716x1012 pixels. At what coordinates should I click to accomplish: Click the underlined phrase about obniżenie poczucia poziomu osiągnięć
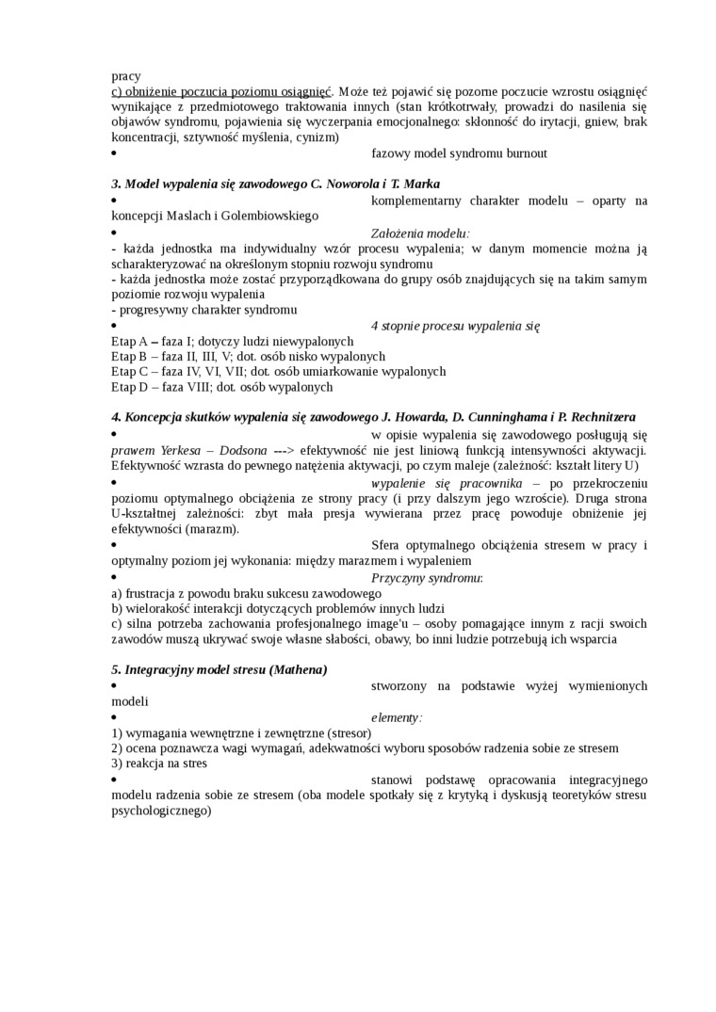pos(221,91)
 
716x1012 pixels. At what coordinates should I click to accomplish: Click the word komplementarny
pos(418,200)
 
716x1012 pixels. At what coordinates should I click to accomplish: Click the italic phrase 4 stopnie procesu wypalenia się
pos(455,326)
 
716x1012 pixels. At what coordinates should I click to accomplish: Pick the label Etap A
pos(129,341)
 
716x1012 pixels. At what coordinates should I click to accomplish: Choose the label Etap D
pos(129,386)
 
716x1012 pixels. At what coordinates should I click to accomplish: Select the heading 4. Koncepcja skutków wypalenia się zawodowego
pos(373,417)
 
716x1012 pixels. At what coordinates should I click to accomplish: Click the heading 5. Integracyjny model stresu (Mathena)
pos(219,669)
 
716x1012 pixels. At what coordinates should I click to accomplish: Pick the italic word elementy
pos(396,717)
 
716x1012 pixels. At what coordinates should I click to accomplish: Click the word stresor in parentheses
pos(347,732)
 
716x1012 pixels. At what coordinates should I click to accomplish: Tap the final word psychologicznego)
pos(161,808)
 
